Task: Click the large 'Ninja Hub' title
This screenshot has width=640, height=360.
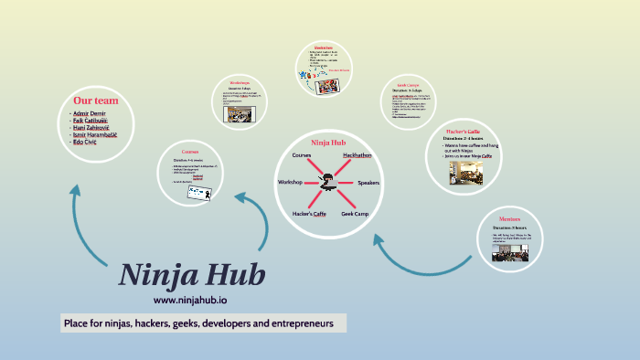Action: click(x=192, y=274)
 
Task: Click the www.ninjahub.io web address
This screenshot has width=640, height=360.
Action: click(x=191, y=299)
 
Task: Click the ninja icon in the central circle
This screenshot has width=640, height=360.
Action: click(x=327, y=184)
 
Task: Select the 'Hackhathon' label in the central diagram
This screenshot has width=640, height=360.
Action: click(x=357, y=155)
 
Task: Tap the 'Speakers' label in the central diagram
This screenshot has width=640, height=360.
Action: click(x=368, y=183)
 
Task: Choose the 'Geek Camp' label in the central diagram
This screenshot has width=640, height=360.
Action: click(x=356, y=213)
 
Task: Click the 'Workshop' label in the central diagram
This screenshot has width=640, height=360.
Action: click(x=290, y=183)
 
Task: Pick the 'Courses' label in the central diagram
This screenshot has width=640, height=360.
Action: click(x=302, y=155)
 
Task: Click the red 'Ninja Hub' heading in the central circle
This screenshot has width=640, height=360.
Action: click(x=327, y=143)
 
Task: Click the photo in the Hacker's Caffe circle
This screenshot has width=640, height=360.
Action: click(x=465, y=174)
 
